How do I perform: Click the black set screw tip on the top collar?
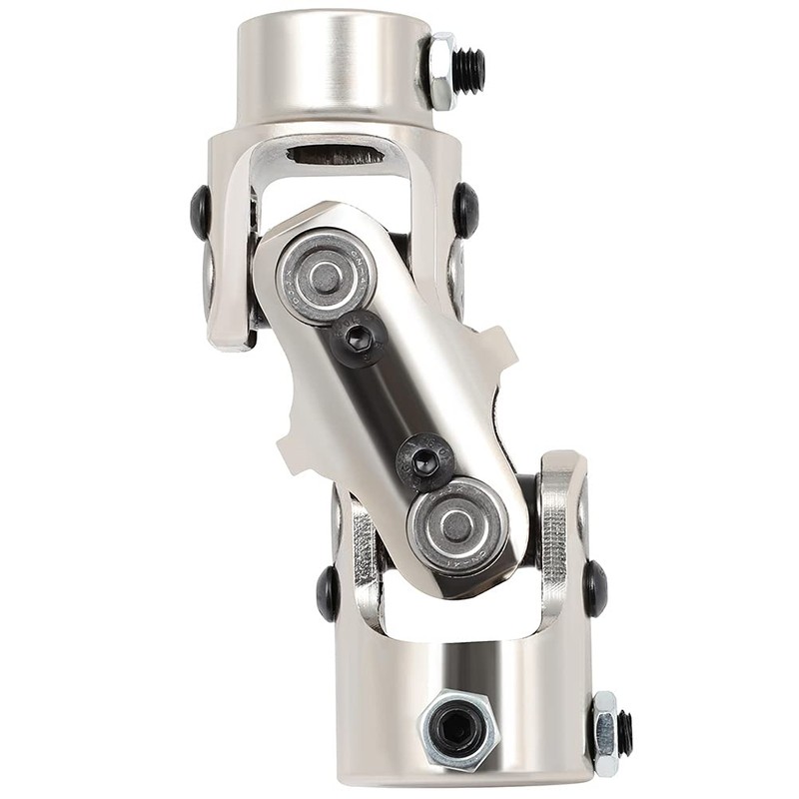point(469,70)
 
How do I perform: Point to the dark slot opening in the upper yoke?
point(335,155)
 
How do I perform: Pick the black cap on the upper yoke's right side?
point(465,210)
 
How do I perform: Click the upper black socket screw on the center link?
point(361,337)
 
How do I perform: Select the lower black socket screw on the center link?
point(425,460)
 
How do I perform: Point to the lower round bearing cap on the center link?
point(457,524)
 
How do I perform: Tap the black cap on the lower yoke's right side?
point(595,588)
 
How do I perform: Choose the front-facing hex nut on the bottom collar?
point(457,731)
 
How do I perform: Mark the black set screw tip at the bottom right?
point(625,734)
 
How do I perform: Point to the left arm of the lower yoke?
point(360,569)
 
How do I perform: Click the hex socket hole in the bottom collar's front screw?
point(457,731)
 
